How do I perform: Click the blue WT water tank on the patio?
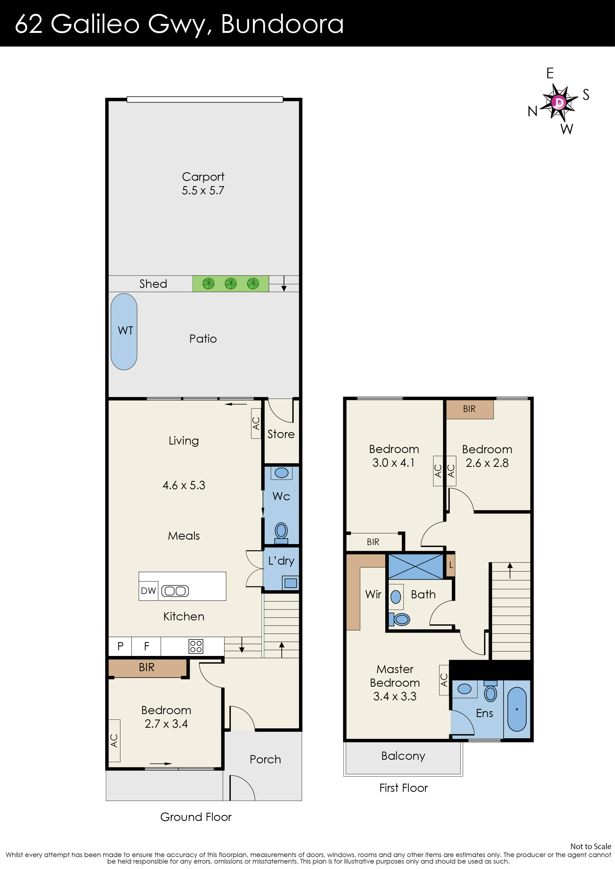coord(124,331)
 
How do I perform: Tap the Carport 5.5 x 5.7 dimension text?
coord(203,190)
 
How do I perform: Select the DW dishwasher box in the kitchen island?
coord(148,591)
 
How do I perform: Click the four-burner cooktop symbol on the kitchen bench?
coord(196,646)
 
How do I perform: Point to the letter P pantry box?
coord(120,646)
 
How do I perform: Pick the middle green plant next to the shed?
coord(231,283)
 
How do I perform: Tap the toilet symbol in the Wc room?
coord(281,531)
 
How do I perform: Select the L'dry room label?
coord(281,561)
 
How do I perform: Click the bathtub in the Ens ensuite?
coord(517,709)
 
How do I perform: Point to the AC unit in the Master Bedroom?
coord(444,680)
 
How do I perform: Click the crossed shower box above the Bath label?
coord(415,567)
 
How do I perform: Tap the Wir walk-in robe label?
coord(373,594)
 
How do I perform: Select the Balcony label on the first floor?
coord(403,756)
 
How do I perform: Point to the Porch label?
coord(265,759)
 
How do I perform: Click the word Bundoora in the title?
coord(282,24)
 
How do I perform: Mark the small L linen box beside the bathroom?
coord(451,565)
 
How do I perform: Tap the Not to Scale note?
coord(590,846)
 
